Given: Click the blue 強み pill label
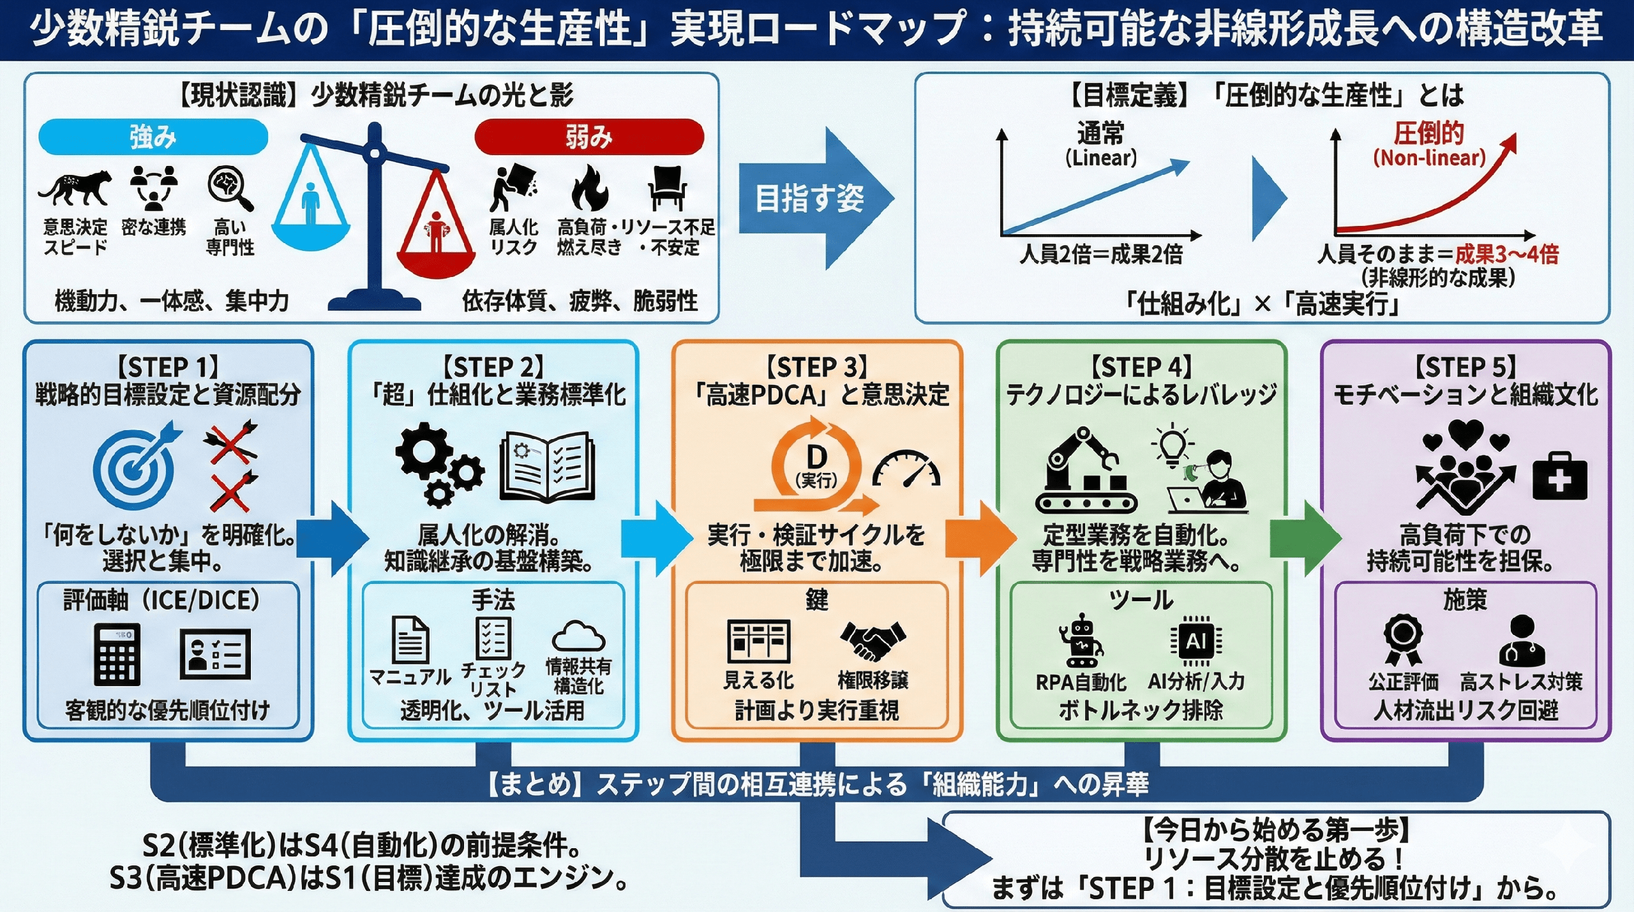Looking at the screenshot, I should point(153,137).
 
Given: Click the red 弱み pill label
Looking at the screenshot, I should point(588,137).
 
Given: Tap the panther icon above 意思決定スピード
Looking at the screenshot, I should point(75,188).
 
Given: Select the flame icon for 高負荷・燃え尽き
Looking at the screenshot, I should point(588,188).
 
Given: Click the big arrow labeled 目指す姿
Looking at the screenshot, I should point(814,198).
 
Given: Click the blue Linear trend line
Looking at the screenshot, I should point(1095,198).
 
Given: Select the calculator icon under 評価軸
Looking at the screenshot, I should point(117,654).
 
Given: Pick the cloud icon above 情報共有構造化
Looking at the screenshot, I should point(578,636).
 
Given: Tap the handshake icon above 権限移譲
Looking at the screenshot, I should point(873,641).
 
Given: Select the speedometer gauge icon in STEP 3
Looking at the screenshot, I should point(906,471).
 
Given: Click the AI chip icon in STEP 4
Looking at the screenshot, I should point(1196,641).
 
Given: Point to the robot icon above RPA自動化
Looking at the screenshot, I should point(1081,641).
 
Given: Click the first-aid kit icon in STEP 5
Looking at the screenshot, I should point(1559,477).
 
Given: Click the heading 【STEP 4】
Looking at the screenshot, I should point(1141,368).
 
